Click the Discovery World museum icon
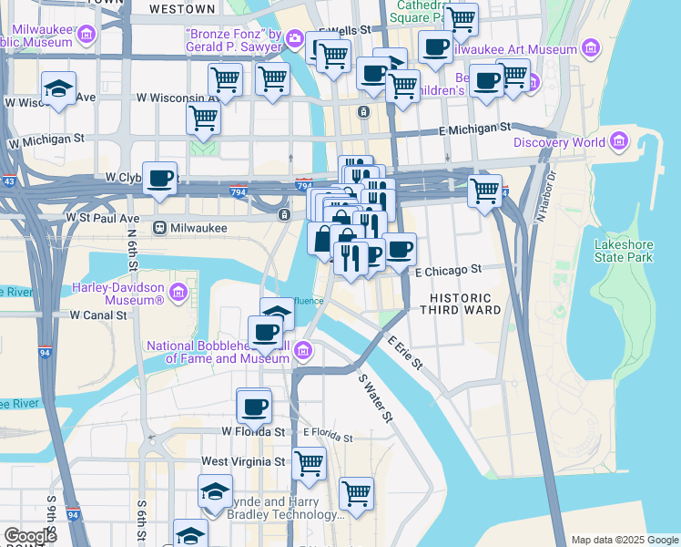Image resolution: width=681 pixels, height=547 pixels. point(620,141)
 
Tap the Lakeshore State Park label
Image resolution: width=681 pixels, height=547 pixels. point(624,251)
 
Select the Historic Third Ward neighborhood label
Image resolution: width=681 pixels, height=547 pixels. point(460,304)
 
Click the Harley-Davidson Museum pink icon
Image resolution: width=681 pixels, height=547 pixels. point(178,293)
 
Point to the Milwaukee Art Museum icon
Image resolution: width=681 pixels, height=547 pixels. point(591,48)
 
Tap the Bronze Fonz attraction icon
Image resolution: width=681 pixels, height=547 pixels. point(294,37)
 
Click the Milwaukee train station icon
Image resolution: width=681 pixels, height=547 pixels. point(159,227)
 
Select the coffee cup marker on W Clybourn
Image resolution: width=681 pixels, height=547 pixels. point(160,179)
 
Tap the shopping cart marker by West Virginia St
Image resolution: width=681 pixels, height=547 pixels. point(310,462)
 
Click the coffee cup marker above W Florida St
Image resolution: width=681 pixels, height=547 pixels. point(254,405)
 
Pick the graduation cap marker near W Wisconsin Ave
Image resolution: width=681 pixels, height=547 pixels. point(59,89)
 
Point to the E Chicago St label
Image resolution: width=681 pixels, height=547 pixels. point(447,271)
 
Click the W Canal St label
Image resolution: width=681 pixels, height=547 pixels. point(98,315)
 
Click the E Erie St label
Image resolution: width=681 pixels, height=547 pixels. point(406,353)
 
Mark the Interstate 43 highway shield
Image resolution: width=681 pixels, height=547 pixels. point(7,182)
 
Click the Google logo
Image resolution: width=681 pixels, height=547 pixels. point(30,536)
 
